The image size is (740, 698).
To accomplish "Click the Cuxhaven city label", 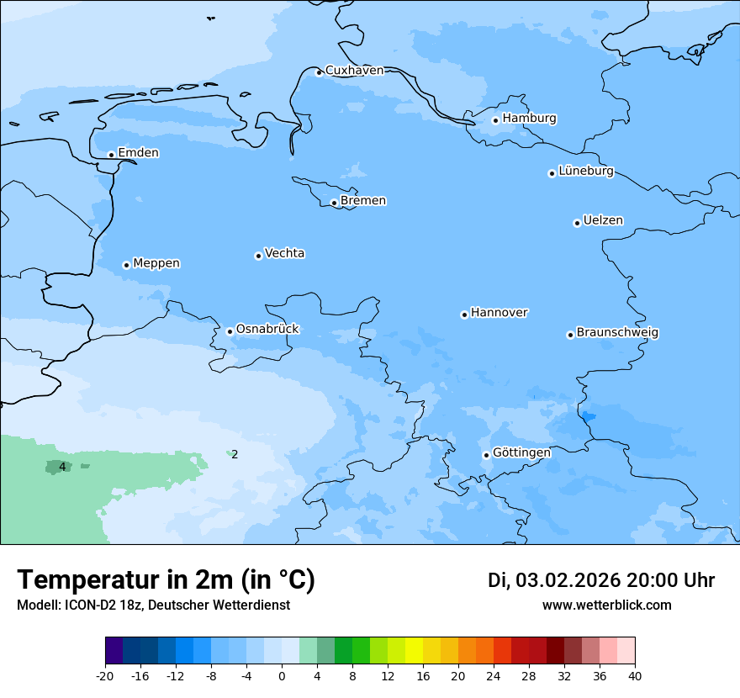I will click(354, 71).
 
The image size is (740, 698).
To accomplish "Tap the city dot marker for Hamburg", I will click(495, 120).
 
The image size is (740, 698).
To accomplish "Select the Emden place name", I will click(138, 153).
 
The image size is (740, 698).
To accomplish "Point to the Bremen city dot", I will click(334, 203).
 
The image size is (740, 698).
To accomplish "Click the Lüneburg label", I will click(585, 172).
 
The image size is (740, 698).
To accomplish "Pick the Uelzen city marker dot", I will click(577, 223).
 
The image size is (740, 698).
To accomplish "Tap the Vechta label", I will click(284, 253).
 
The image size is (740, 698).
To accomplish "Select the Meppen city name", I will click(156, 263).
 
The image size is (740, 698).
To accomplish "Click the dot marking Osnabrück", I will click(230, 331).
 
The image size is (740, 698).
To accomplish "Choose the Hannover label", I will click(499, 313).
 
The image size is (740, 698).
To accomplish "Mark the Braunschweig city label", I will click(617, 333).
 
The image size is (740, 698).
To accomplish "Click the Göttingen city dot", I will click(486, 455).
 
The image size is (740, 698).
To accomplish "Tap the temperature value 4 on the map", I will click(62, 466).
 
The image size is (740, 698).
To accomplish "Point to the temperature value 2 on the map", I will click(235, 455).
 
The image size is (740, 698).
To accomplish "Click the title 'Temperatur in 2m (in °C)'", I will click(166, 580).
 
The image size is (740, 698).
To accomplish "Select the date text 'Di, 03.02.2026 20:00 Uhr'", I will click(601, 580).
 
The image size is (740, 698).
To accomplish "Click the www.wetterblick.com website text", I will click(606, 605).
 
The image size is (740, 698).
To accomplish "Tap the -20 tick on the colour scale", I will click(105, 676).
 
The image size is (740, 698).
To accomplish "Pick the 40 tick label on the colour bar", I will click(635, 676).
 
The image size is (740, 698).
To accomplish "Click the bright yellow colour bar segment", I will click(414, 651).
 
